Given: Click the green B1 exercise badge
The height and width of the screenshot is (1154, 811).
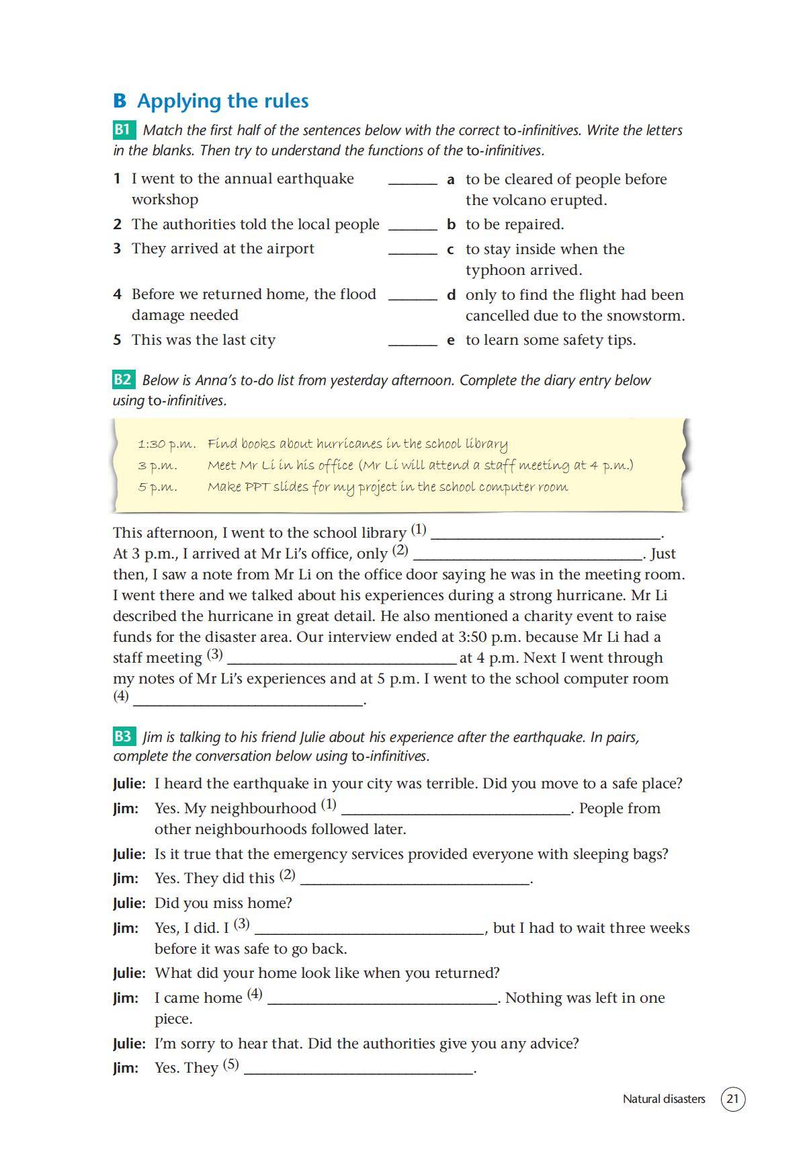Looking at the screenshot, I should point(124,130).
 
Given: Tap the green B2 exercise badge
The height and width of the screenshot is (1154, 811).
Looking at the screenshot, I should point(124,380).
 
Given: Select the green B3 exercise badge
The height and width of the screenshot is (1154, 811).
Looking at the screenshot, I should point(124,737).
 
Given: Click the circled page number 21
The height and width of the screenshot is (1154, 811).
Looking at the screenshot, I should point(732,1100).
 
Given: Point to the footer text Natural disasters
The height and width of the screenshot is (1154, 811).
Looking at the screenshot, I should point(663,1100).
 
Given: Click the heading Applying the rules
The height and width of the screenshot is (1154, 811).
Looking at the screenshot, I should point(222,101).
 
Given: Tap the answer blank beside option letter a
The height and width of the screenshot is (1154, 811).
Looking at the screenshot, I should point(413,181).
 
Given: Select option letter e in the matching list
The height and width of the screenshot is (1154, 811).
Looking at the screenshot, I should point(451,340).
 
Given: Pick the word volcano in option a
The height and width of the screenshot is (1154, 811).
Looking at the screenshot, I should point(526,200).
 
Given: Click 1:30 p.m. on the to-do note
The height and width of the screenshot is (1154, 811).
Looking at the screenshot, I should point(167,444).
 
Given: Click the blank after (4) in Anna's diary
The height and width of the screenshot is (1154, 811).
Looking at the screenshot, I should point(248,701).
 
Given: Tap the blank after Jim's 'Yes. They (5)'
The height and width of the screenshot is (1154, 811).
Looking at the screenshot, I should point(359,1071).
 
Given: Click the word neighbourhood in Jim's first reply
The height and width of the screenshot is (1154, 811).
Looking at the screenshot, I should point(268,809).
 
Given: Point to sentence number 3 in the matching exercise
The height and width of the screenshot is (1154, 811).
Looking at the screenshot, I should point(117,249).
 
